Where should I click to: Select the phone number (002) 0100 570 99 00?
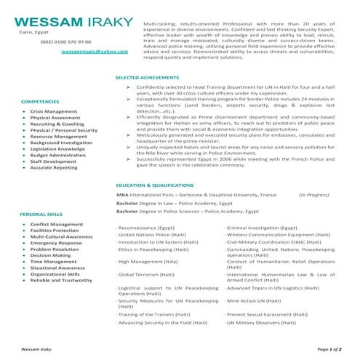click(x=65, y=42)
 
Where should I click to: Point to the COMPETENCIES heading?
click(x=40, y=101)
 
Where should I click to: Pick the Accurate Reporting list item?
click(x=54, y=167)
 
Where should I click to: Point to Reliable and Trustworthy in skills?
click(x=61, y=279)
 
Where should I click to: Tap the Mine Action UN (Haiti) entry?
click(x=255, y=300)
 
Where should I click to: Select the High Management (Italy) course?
click(x=148, y=261)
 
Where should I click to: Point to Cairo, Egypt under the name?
click(x=33, y=33)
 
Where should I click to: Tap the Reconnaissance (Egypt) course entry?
click(x=147, y=228)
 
